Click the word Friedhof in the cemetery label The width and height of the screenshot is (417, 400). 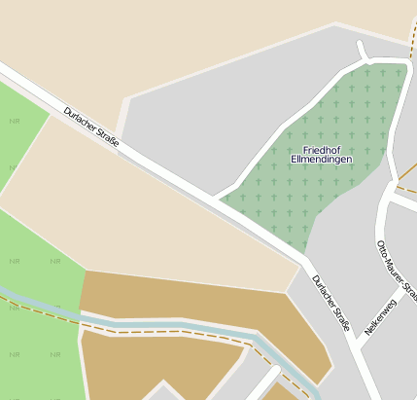[322, 149]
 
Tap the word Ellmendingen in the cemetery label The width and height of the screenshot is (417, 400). [322, 159]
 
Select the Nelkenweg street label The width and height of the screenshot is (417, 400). [380, 317]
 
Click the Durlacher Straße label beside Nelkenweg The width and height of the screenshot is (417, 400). [330, 302]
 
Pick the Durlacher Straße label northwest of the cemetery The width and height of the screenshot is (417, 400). [90, 127]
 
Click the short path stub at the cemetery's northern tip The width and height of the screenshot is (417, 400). [363, 51]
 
